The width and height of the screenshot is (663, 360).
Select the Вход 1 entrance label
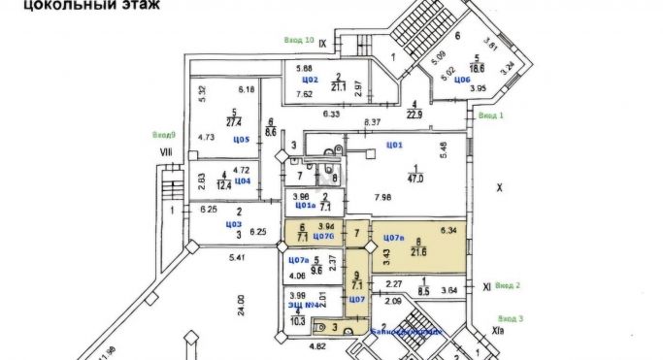490,115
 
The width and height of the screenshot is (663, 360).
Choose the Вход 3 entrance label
509,318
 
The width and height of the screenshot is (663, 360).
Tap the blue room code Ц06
462,80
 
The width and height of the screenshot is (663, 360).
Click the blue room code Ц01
394,145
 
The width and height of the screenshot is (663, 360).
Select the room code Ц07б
323,238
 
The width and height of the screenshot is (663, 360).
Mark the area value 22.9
415,114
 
